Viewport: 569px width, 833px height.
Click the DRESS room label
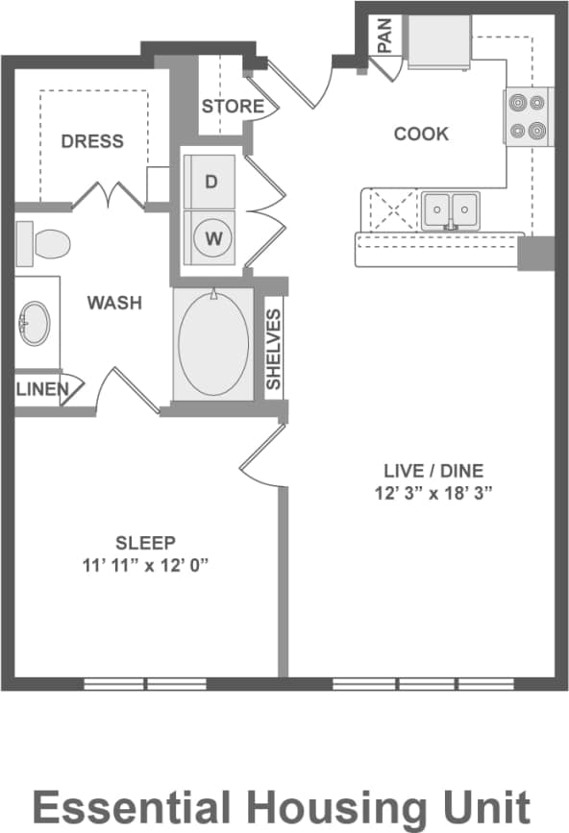coord(92,141)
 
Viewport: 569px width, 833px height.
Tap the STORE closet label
coord(232,106)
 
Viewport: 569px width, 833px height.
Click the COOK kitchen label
coord(421,134)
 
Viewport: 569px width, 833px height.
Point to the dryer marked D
coord(211,181)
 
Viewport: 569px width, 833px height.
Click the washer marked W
coord(211,236)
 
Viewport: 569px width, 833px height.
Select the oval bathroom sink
coord(36,323)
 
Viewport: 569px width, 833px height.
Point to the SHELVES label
coord(274,349)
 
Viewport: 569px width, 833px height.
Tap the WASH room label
coord(114,303)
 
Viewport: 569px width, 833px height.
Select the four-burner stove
coord(528,116)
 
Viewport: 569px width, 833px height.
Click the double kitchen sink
coord(451,208)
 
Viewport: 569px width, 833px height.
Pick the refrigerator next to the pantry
coord(438,41)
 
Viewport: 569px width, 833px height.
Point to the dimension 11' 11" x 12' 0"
coord(145,565)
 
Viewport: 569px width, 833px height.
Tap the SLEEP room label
coord(145,542)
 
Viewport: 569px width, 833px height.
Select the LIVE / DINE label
coord(433,471)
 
